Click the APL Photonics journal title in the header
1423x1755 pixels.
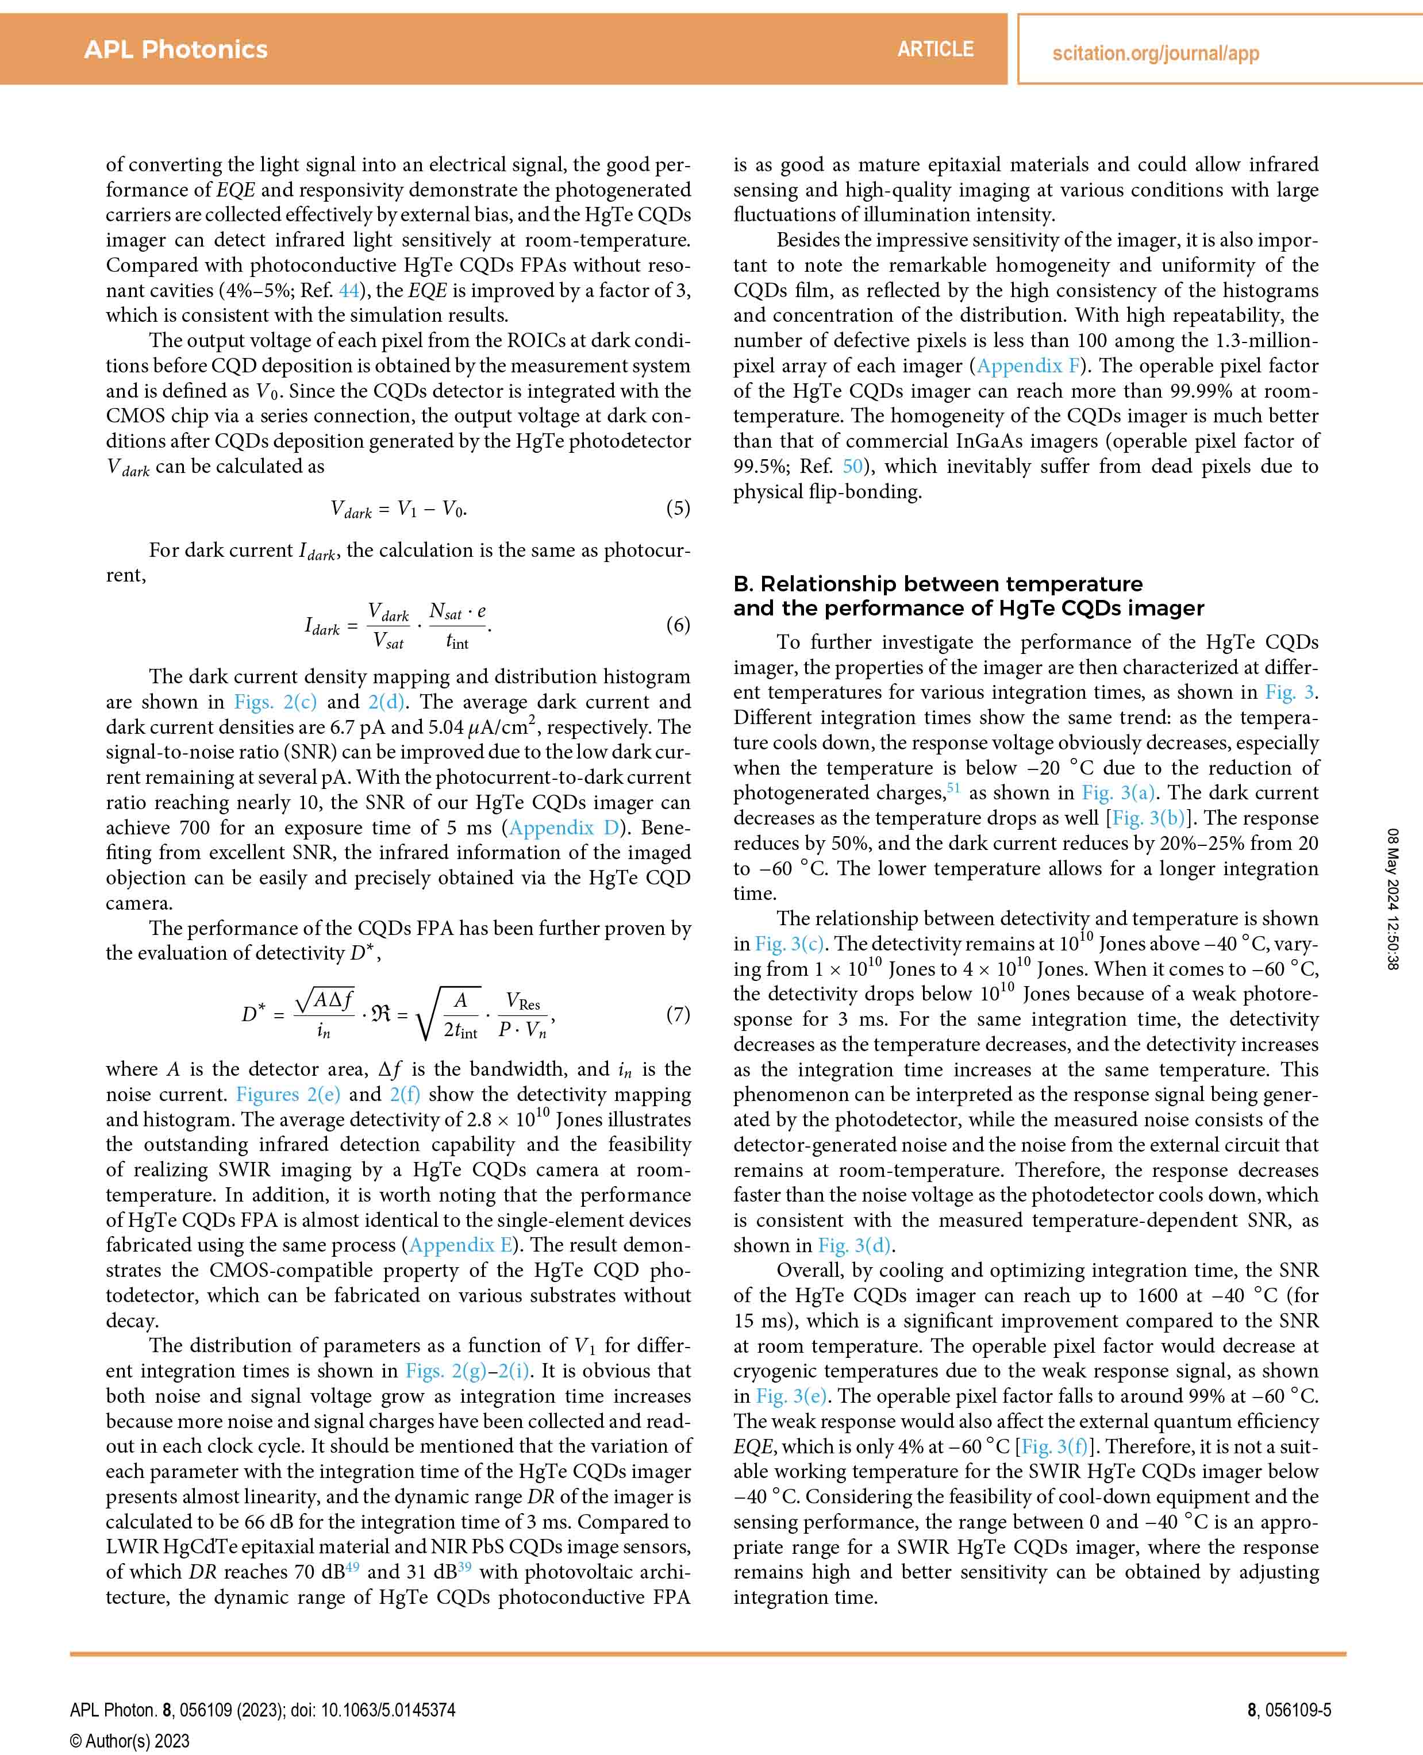[175, 49]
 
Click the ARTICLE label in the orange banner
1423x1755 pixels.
[935, 49]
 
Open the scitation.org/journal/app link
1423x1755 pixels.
[1155, 54]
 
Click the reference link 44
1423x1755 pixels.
[348, 290]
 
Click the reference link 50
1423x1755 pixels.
[852, 467]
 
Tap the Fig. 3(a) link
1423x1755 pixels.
[1118, 792]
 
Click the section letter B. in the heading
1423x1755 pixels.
[743, 584]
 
